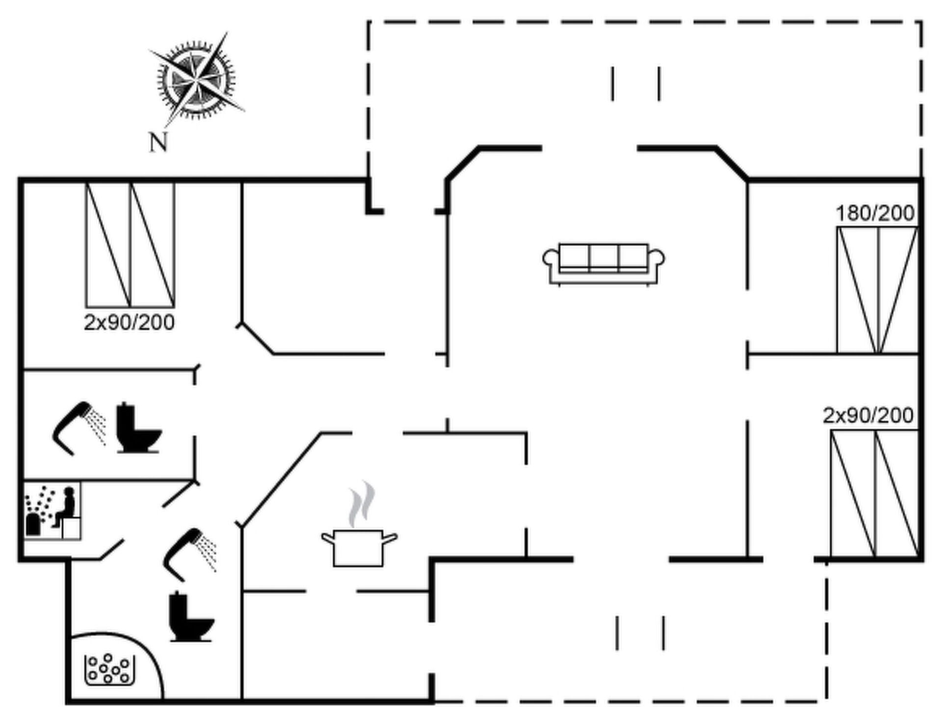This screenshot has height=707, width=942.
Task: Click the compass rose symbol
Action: click(196, 79)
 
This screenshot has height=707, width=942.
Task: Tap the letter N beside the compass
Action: click(158, 142)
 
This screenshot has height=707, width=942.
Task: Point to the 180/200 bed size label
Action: click(875, 214)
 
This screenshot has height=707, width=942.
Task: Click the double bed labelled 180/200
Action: click(877, 290)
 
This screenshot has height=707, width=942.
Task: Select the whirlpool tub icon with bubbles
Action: click(109, 669)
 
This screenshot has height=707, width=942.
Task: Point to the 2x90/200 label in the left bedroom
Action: click(129, 323)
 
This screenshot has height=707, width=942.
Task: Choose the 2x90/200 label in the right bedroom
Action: click(867, 416)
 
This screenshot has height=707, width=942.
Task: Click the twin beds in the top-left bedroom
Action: click(130, 245)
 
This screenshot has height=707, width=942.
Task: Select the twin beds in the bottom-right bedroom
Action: click(874, 493)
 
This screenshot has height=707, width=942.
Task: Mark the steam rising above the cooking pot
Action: click(362, 503)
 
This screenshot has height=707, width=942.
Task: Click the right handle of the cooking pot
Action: click(390, 539)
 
